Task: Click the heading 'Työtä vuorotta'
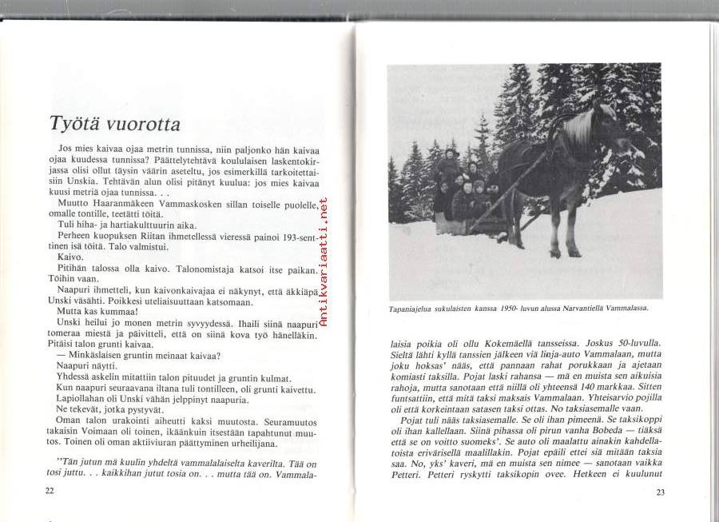(x=114, y=124)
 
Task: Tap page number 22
(x=50, y=491)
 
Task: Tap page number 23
(x=661, y=492)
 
